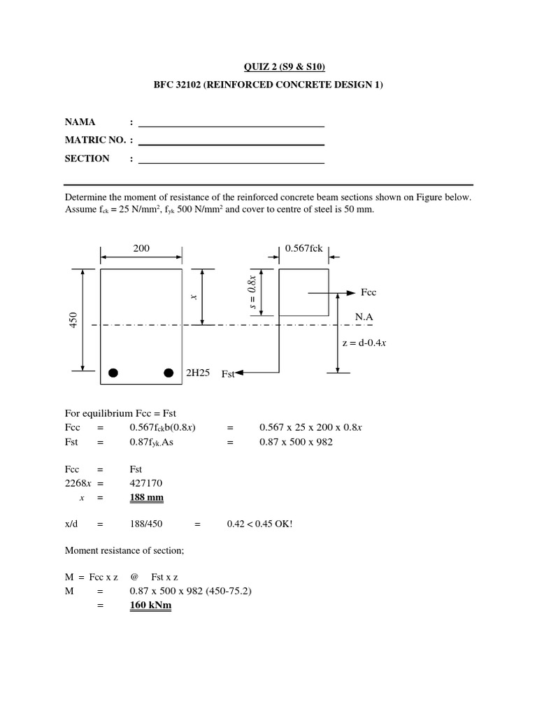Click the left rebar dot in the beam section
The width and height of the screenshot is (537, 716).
tap(113, 372)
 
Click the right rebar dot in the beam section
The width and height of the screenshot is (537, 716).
tap(169, 372)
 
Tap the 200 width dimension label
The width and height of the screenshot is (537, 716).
tap(141, 248)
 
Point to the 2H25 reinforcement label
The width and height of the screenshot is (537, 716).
tap(198, 373)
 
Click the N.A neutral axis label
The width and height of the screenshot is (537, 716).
tap(364, 317)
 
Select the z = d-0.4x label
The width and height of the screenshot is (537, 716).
tap(365, 342)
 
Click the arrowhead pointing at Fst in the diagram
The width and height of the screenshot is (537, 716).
tap(240, 373)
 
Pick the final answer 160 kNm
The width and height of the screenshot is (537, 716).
tap(150, 606)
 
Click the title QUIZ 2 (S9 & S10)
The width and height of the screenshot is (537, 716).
tap(285, 67)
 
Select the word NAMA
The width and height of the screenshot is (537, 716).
tap(80, 122)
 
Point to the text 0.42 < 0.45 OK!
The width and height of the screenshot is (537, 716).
tap(259, 524)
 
